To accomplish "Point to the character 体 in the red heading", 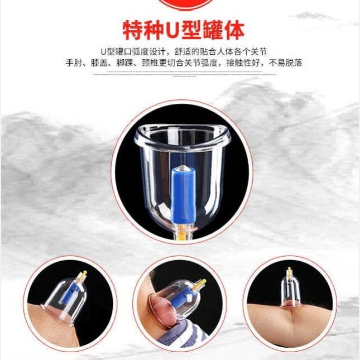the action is [x=233, y=31].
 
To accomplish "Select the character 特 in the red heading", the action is [x=133, y=31].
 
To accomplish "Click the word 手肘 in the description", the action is [x=74, y=63].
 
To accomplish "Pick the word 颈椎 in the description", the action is [x=150, y=63].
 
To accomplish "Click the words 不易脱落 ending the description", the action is [x=285, y=63].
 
